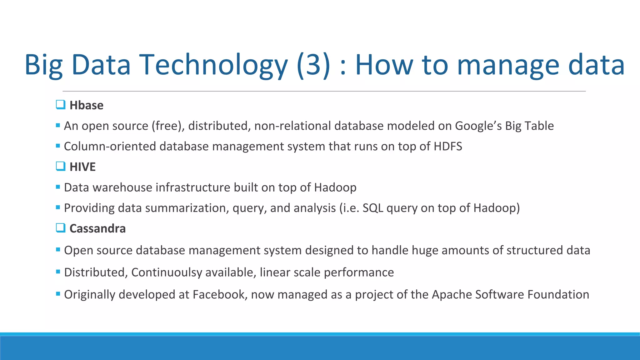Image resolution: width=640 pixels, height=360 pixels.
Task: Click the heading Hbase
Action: (86, 105)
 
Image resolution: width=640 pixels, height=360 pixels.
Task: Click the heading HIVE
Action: (82, 167)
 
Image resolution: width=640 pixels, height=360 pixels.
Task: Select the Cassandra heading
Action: (97, 228)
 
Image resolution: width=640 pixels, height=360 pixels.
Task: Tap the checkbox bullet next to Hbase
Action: (61, 104)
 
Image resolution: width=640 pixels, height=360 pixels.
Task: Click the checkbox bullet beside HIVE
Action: (61, 166)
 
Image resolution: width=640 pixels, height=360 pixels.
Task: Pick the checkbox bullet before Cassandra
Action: (61, 227)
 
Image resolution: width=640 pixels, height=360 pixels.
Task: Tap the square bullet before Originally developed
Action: (58, 294)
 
